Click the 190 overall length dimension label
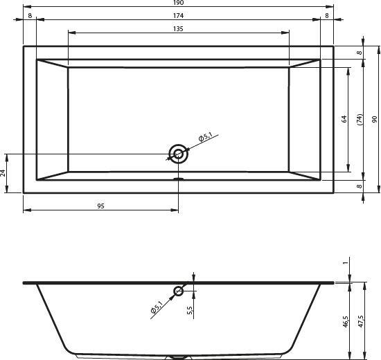(178, 3)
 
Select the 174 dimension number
(178, 15)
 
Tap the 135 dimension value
(178, 29)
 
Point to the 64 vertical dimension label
(344, 119)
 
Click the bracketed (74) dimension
(360, 119)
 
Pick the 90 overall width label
(375, 119)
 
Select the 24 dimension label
(3, 172)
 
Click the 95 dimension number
(100, 206)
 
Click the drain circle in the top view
(179, 154)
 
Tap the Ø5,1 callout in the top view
(206, 137)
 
